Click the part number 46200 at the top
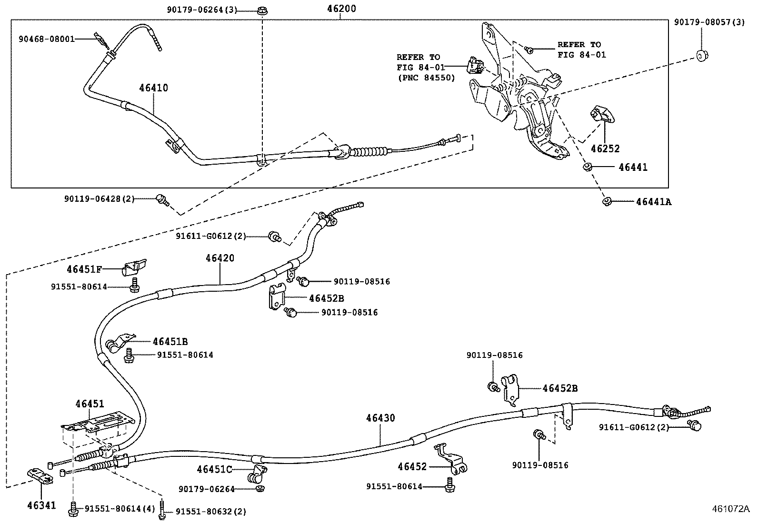tap(341, 9)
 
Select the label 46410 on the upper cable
tap(153, 88)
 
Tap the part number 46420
tap(220, 258)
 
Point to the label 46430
tap(380, 418)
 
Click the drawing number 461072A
tap(730, 509)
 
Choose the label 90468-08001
tap(47, 39)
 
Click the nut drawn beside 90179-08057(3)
tap(701, 55)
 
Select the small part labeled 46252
tap(602, 115)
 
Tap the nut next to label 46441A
tap(607, 201)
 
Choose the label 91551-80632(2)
tap(211, 512)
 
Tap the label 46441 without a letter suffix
tap(633, 167)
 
